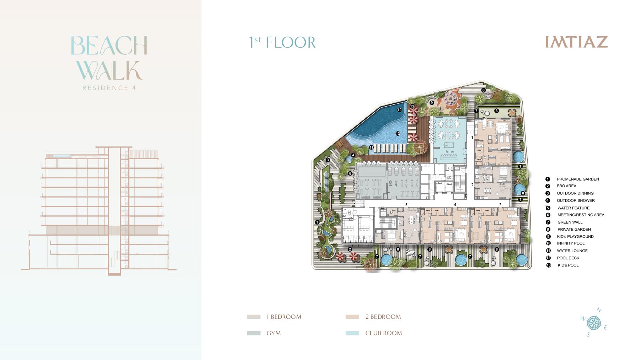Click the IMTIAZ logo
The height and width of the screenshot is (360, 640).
point(576,42)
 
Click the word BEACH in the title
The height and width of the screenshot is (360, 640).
point(109,45)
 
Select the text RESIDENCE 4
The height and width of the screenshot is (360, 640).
point(109,88)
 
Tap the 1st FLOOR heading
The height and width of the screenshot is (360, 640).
point(282,42)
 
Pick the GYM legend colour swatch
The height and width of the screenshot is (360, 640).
point(254,333)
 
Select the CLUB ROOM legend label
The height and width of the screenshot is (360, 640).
point(383,333)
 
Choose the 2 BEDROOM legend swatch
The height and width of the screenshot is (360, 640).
point(352,317)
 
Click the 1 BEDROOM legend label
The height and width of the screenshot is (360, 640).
point(284,317)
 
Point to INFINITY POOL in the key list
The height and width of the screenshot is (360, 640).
point(570,243)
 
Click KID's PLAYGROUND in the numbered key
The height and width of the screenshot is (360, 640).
point(575,236)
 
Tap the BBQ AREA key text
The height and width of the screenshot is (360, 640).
point(566,186)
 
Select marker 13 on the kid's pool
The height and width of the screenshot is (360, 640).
point(398,134)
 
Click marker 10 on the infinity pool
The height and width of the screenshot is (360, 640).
point(400,110)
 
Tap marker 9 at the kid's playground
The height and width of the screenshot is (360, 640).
point(432,103)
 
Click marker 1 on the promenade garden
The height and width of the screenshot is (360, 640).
point(317,222)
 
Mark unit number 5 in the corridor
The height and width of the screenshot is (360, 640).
point(406,205)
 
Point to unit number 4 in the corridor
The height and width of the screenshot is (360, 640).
point(455,205)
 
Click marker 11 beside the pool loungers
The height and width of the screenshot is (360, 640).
point(371,147)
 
